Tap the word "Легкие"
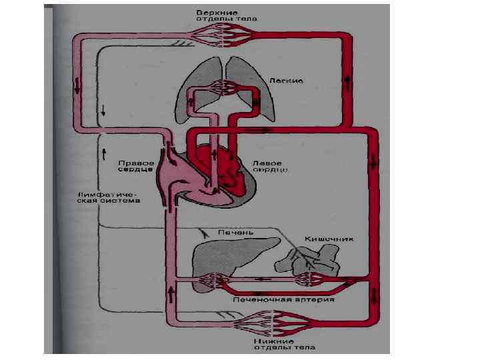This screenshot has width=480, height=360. (287, 80)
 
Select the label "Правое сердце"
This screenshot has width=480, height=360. (137, 166)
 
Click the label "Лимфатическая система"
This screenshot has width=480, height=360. (107, 197)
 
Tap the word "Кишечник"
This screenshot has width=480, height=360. (329, 238)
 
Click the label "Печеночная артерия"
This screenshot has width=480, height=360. (283, 299)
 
